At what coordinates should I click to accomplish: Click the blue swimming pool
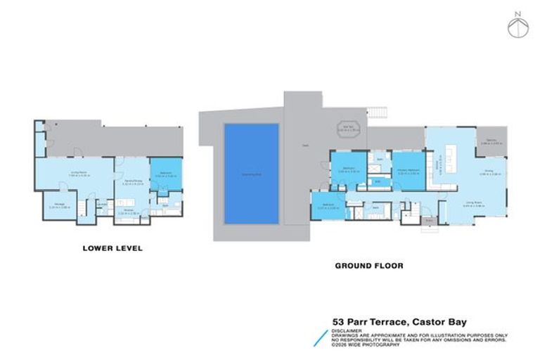pos(251,173)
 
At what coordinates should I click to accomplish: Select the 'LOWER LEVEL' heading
pos(112,247)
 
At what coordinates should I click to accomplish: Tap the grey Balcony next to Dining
pos(489,141)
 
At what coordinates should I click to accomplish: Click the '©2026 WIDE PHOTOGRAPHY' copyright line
pos(366,345)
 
